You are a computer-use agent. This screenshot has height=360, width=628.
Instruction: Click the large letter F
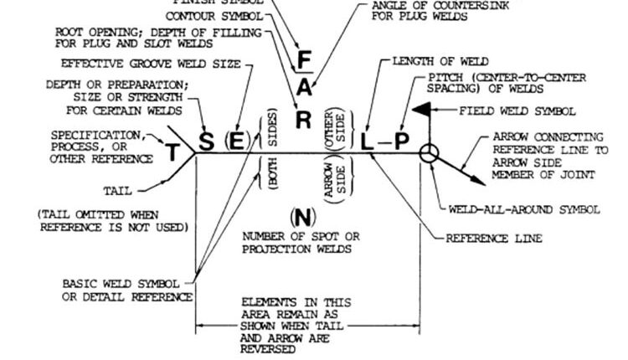pos(305,60)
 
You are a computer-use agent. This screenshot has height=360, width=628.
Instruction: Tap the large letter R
pos(304,118)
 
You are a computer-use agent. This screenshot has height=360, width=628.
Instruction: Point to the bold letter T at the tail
pos(172,152)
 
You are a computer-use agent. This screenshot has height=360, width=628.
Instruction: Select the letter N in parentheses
pos(302,218)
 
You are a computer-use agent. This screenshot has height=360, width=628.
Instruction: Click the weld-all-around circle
pos(429,153)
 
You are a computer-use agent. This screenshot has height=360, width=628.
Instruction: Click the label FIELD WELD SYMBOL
pos(517,111)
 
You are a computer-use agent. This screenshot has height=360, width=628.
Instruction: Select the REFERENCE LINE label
pos(493,239)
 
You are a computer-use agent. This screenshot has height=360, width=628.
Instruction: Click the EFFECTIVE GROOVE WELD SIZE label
pos(150,64)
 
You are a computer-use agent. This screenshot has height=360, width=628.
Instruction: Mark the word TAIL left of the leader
pos(117,192)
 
